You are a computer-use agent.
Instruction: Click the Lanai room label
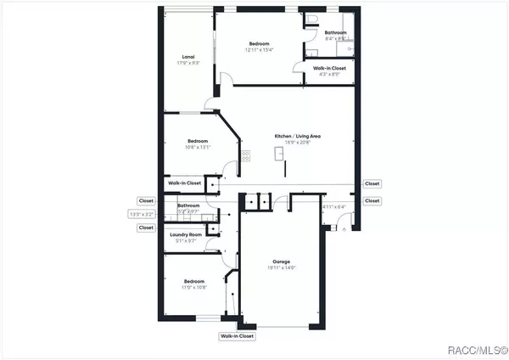[177, 57]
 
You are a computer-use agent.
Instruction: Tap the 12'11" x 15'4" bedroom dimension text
[260, 50]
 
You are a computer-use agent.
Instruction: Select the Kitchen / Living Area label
[296, 136]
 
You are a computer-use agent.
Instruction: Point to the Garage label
[282, 262]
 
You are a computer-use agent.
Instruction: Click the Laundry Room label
[185, 234]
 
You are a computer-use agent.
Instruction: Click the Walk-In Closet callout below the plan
[237, 336]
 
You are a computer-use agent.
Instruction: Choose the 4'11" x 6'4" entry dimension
[335, 206]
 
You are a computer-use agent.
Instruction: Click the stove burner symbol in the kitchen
[246, 155]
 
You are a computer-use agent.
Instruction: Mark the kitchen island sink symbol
[278, 153]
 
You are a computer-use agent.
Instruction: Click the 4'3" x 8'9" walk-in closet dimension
[328, 75]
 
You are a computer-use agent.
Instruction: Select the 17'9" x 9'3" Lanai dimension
[177, 64]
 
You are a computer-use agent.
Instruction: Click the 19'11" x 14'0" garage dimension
[282, 268]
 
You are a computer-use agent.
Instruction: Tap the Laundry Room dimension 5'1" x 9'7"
[185, 241]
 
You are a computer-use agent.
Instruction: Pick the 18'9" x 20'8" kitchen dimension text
[296, 143]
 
